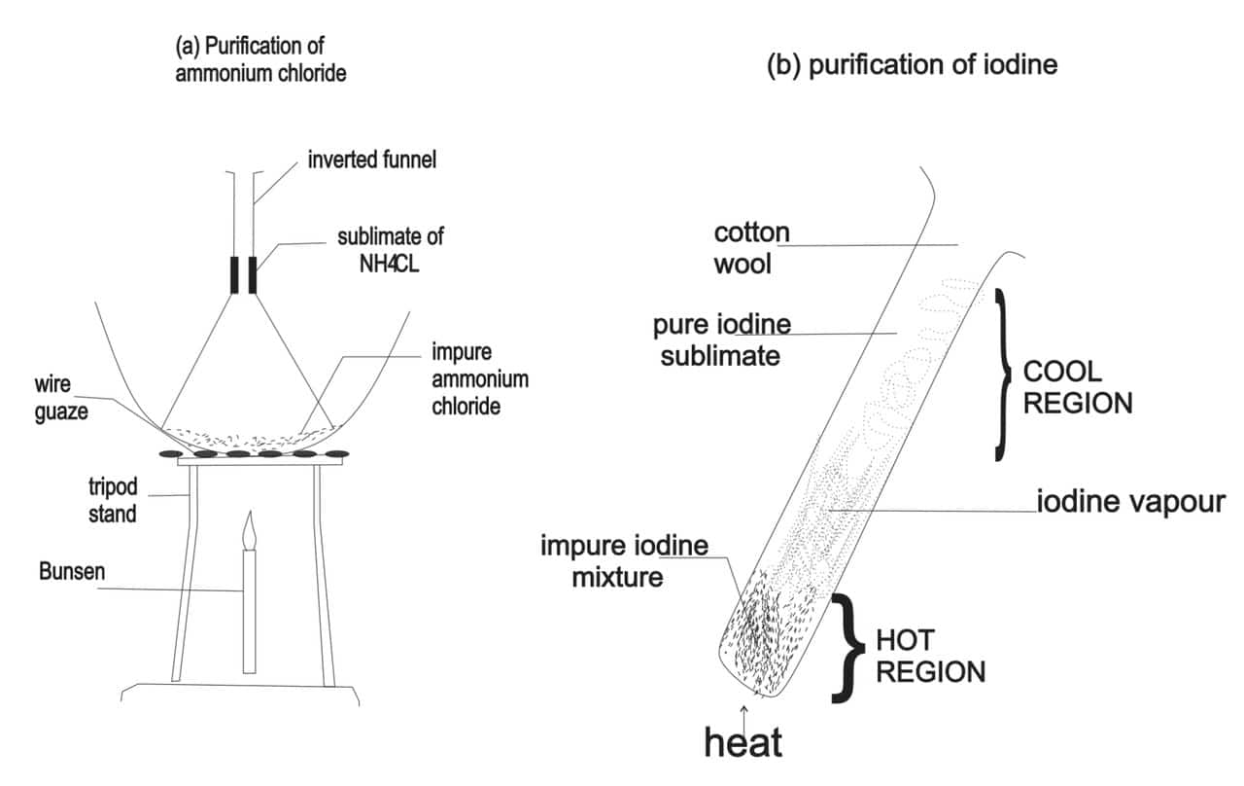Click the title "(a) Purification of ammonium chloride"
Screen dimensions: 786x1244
[260, 59]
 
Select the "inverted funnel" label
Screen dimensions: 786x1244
[372, 161]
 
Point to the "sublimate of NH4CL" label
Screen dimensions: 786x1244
[390, 249]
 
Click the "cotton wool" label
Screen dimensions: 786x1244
[752, 247]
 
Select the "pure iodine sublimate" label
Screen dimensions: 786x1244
[720, 339]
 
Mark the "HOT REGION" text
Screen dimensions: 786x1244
[930, 656]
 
